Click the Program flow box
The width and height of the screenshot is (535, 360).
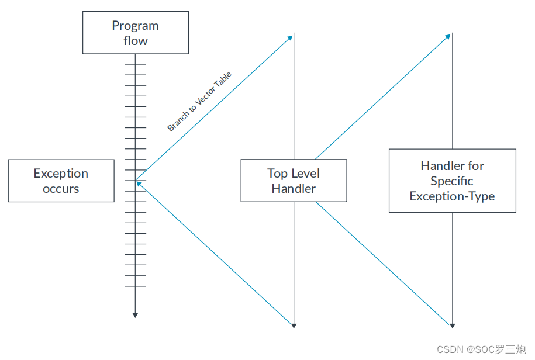(x=135, y=33)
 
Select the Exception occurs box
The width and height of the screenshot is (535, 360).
(x=61, y=181)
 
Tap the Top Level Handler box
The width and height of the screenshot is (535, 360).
(x=294, y=181)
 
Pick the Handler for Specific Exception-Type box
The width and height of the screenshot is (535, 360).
(x=452, y=181)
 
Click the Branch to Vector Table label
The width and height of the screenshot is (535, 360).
(x=199, y=101)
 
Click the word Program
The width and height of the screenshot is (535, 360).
(x=135, y=26)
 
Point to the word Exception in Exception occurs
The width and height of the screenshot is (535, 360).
(x=61, y=174)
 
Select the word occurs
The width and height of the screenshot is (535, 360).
(x=61, y=189)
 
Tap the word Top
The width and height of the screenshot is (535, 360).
(x=277, y=174)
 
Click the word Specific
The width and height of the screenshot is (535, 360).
(x=452, y=181)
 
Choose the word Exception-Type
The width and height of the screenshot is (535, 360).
(x=452, y=196)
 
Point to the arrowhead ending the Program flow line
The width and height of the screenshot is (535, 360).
(x=135, y=315)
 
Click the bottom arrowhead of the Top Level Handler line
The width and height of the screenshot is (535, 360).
(x=294, y=325)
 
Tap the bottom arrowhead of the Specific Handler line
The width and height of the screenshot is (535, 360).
(x=452, y=325)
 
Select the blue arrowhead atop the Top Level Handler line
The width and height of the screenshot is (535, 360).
(x=290, y=37)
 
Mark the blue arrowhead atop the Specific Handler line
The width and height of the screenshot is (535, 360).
(x=448, y=37)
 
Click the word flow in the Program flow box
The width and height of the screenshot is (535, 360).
(x=135, y=41)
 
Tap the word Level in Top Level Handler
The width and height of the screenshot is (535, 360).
(x=305, y=174)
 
